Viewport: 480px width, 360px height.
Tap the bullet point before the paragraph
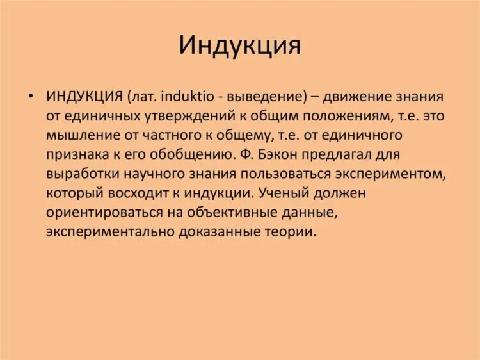pos(30,96)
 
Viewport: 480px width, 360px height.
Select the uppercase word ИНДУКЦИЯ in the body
pos(84,96)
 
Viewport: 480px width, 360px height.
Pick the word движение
pos(353,96)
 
